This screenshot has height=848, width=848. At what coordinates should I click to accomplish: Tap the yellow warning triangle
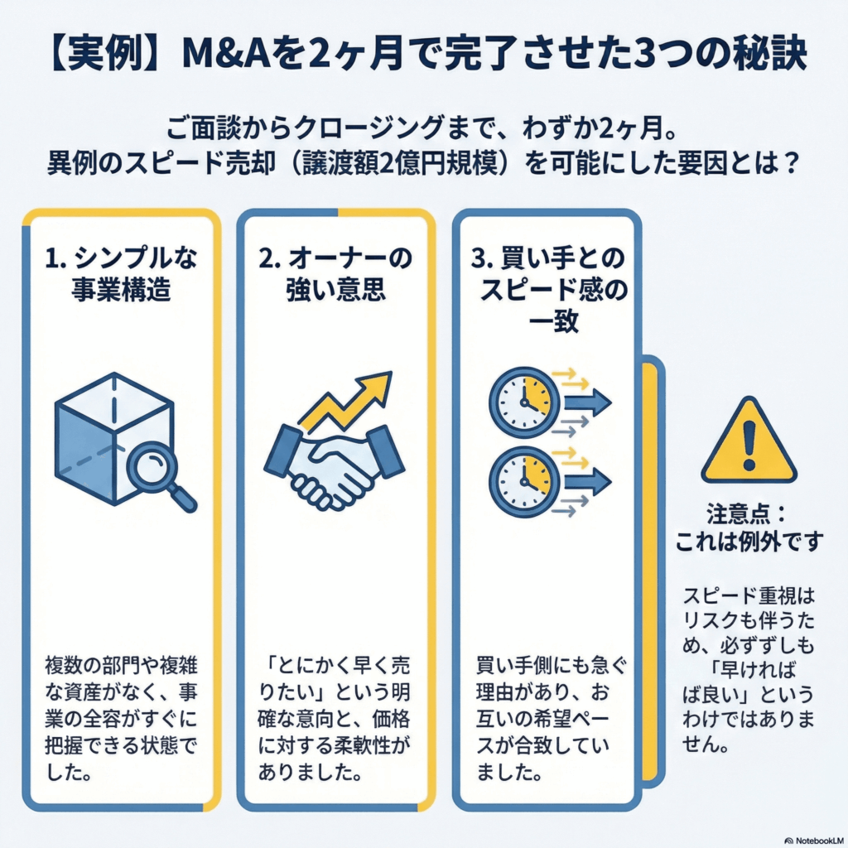[x=748, y=443]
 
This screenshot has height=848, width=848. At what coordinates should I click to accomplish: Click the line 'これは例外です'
[x=749, y=542]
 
